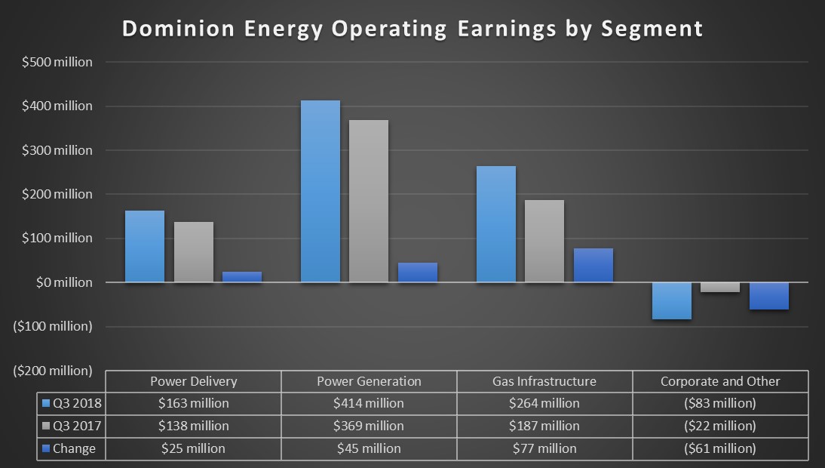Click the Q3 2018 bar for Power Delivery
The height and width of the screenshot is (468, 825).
coord(144,246)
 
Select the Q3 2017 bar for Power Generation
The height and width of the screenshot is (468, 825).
coord(369,201)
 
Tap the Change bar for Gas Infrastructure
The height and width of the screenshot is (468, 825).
coord(593,265)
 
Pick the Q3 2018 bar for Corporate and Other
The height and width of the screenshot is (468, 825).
coord(671,300)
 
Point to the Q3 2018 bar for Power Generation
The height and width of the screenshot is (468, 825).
coord(320,191)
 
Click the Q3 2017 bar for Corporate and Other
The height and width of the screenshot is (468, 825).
coord(719,287)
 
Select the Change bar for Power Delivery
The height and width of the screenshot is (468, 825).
coord(241,276)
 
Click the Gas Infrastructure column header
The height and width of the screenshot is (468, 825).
coord(545,380)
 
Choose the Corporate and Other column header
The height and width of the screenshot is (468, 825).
coord(719,380)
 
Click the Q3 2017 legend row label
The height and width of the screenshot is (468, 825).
coord(74,426)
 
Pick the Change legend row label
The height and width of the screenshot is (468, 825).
coord(74,448)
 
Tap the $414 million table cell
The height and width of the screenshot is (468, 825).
coord(369,403)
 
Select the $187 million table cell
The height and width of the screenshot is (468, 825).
coord(545,426)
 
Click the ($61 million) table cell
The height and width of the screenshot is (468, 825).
coord(719,448)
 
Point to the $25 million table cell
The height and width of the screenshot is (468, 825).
coord(193,448)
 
